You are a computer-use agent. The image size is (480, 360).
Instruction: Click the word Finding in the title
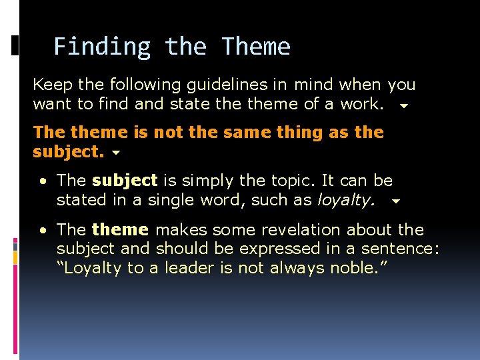coord(102,47)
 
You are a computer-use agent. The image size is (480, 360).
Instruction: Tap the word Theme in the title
coord(256,47)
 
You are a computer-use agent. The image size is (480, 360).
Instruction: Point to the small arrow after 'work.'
coord(403,105)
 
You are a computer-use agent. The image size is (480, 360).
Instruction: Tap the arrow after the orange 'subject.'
coord(116,153)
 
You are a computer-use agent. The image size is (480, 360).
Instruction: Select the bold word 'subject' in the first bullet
coord(125,181)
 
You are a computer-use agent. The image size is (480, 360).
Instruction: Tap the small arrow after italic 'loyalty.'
coord(395,201)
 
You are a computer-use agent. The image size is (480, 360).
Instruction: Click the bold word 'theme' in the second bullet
coord(120,230)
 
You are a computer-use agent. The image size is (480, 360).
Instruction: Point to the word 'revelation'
coord(304,230)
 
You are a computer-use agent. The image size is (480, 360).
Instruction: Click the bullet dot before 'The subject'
coord(42,181)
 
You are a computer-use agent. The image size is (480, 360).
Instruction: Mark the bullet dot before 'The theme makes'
coord(42,231)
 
